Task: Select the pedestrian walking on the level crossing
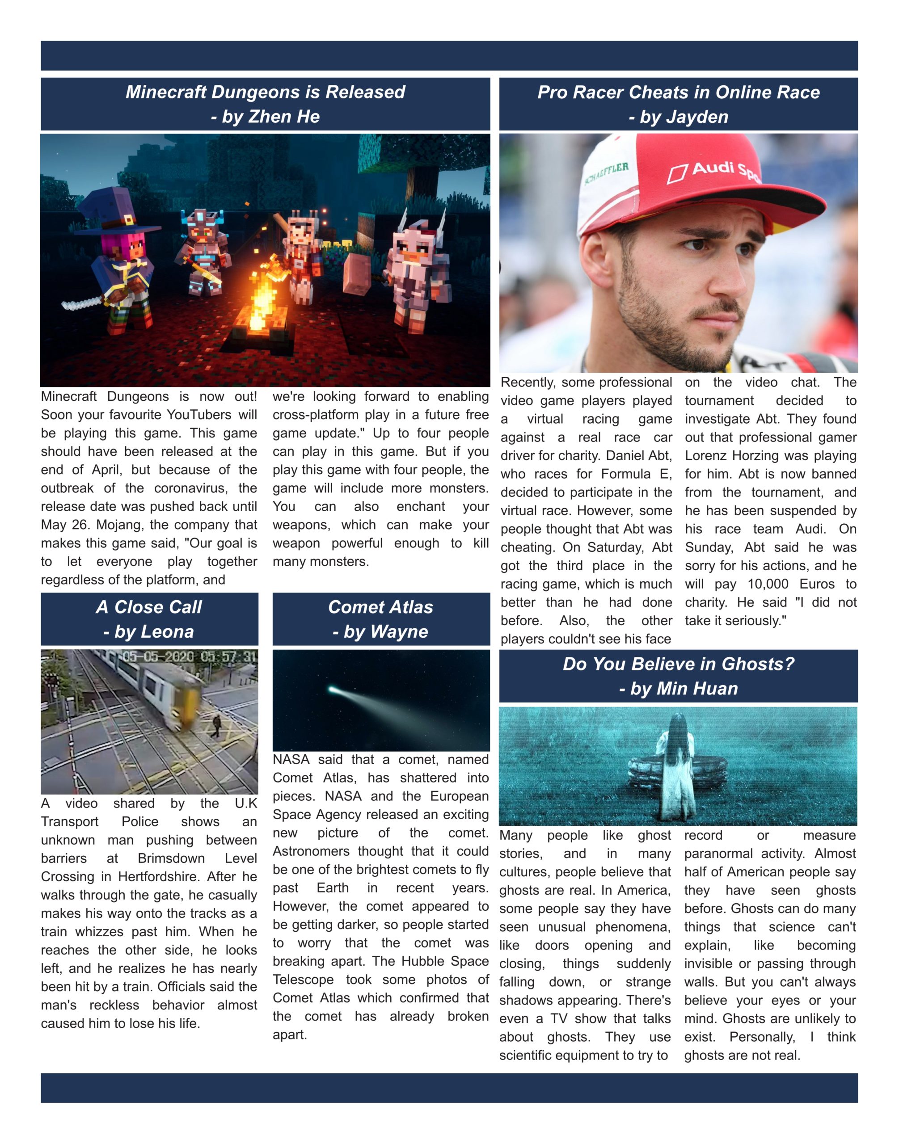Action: click(216, 726)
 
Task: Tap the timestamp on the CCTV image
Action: click(190, 657)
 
